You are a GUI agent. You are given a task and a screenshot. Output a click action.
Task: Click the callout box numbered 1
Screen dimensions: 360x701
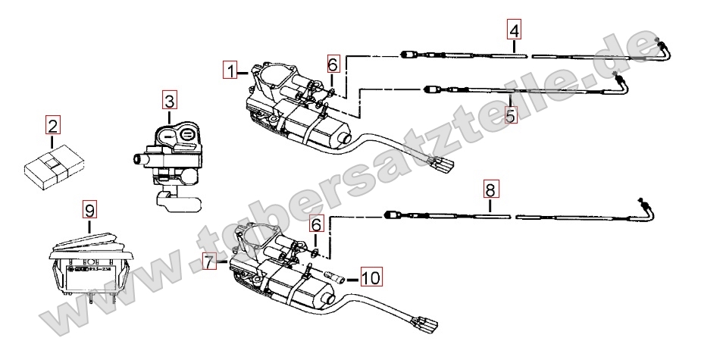[231, 71]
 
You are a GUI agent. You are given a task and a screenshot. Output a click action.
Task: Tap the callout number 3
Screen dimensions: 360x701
[169, 99]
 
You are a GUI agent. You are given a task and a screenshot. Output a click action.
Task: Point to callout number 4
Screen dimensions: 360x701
[515, 31]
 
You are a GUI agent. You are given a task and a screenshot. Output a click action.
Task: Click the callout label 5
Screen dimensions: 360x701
[510, 115]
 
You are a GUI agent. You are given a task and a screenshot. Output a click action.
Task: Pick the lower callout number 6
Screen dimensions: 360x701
[317, 224]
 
